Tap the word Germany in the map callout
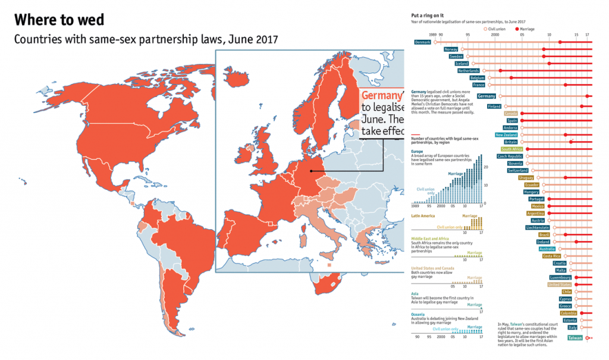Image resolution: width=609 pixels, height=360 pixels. [381, 96]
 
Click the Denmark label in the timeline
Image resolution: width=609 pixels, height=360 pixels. [422, 42]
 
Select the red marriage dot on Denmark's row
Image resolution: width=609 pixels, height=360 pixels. [560, 42]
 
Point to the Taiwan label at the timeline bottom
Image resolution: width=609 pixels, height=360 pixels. [575, 338]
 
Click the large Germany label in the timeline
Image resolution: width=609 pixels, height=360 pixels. [486, 96]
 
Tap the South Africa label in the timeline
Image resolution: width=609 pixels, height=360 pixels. [511, 149]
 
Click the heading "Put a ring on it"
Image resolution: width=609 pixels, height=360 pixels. [427, 15]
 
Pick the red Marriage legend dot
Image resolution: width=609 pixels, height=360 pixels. [516, 28]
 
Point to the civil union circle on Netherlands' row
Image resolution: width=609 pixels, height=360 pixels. [484, 71]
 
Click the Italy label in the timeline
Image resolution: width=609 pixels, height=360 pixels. [572, 327]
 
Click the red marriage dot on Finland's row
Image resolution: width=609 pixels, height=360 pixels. [582, 107]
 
